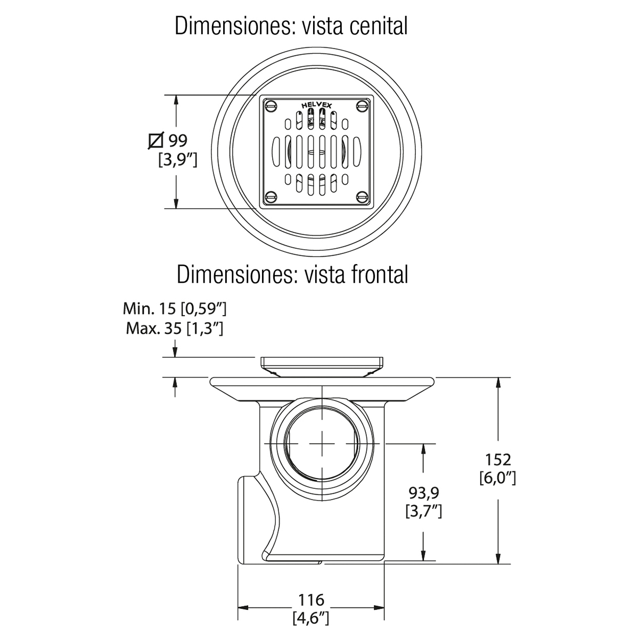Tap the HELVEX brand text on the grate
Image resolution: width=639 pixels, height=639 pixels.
tap(316, 105)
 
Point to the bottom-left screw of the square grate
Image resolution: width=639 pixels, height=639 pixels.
tap(272, 198)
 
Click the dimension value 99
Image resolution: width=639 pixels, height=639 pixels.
tap(178, 141)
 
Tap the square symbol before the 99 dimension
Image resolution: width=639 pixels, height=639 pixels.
tap(156, 141)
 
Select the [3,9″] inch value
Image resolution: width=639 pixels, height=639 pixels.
tap(178, 160)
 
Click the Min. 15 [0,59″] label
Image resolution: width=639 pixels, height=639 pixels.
tap(175, 309)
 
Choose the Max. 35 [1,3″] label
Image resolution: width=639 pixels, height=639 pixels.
tap(175, 329)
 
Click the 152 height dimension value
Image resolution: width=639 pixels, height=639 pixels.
tap(498, 460)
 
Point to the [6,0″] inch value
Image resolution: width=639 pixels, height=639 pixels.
tap(498, 478)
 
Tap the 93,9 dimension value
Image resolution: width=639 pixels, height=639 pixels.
tap(424, 493)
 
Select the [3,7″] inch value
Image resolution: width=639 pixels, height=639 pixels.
tap(424, 511)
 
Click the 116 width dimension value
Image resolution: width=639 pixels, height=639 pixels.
tap(311, 600)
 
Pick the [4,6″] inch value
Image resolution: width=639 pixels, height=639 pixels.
tap(311, 618)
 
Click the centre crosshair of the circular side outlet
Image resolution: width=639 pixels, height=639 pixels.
tap(322, 444)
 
